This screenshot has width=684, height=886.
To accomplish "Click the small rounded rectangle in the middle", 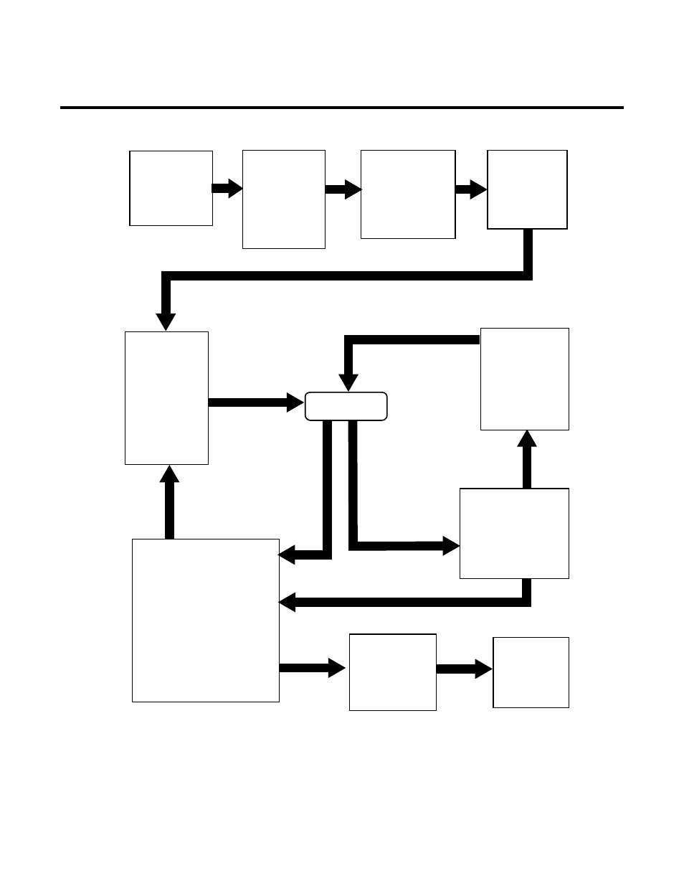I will (346, 406).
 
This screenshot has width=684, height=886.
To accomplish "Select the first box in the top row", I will (171, 188).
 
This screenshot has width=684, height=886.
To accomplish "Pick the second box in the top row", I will (284, 199).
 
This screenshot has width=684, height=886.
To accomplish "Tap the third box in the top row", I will (408, 194).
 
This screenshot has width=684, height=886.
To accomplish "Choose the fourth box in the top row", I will (527, 189).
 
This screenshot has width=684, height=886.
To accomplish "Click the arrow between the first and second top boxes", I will (227, 189).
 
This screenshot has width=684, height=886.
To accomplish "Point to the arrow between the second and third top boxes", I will (343, 189).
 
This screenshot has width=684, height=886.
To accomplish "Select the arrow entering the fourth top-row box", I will (471, 189).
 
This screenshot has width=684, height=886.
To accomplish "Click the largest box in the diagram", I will (206, 620).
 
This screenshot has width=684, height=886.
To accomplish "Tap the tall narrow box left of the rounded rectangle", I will (166, 397).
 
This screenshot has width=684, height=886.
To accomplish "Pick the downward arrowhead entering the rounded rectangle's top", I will (348, 382).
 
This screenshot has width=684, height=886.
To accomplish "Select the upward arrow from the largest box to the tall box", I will (169, 502).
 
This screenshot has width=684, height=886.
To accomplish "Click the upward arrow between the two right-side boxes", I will (527, 459).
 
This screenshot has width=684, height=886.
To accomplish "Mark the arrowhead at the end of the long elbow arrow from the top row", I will (166, 321).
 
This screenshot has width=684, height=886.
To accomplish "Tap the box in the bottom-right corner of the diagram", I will (531, 672).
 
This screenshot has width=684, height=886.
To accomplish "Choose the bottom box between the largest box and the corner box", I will (392, 672).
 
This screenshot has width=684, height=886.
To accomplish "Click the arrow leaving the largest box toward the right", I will (313, 668).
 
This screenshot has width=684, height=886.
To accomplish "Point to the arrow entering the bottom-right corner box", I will (465, 669).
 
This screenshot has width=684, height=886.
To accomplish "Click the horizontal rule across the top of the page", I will (341, 108).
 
